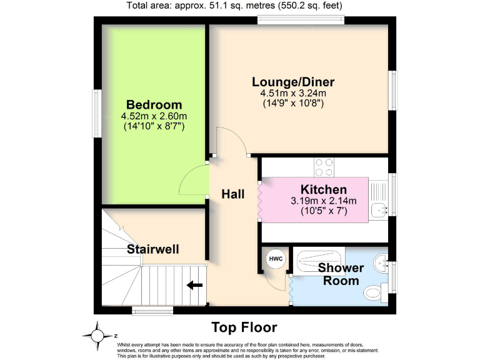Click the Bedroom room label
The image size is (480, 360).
click(x=154, y=105)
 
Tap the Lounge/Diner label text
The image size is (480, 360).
click(x=293, y=82)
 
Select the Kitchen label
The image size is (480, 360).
click(x=323, y=189)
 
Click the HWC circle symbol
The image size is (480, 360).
click(x=276, y=259)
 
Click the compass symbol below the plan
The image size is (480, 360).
click(x=97, y=336)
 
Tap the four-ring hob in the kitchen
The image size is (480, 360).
click(x=324, y=167)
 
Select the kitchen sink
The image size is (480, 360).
click(x=379, y=210)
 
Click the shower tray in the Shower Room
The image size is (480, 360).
click(x=319, y=259)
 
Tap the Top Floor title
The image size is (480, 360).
click(x=244, y=327)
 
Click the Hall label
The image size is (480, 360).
click(x=232, y=194)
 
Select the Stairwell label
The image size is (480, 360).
click(x=153, y=249)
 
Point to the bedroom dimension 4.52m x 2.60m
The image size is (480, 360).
click(x=154, y=116)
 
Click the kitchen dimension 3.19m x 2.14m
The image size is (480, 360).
click(x=323, y=201)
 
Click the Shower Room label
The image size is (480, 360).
click(x=341, y=274)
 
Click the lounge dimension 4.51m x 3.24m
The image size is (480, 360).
click(x=293, y=93)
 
